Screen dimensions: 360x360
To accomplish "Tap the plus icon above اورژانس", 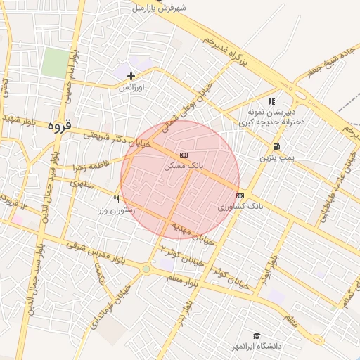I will [131, 75].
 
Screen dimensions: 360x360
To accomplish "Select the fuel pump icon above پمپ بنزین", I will [276, 147].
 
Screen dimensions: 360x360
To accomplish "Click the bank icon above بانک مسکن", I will [184, 154].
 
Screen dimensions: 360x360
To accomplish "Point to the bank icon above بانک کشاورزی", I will [240, 195].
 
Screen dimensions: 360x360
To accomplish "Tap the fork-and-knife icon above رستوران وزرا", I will [117, 199].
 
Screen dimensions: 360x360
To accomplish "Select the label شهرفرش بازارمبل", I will [161, 8].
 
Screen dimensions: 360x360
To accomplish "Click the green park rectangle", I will [54, 63].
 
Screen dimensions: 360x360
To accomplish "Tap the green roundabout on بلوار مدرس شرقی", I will [146, 269].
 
